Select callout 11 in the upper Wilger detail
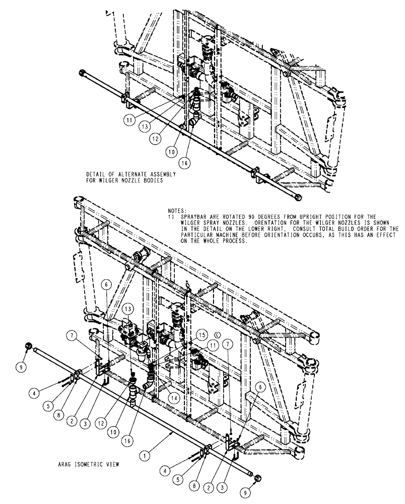[x=129, y=120]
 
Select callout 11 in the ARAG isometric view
[x=213, y=345]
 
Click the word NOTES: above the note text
[x=177, y=210]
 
